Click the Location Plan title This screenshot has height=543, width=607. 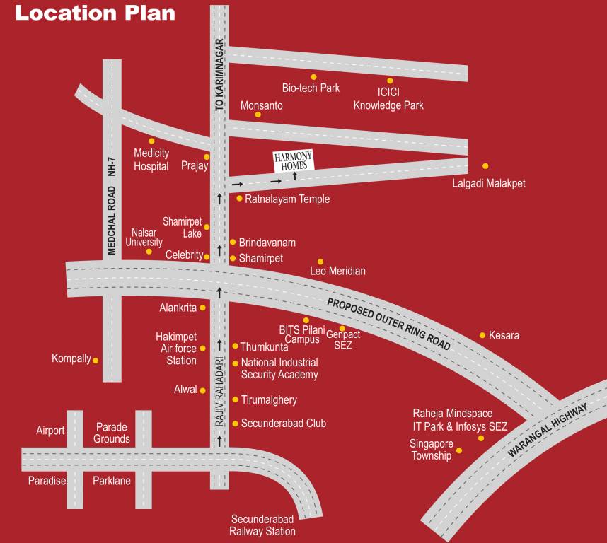point(96,13)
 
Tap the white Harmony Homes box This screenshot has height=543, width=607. point(294,160)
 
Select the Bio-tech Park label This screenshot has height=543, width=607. point(311,88)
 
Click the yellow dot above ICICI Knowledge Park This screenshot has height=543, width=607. point(389,81)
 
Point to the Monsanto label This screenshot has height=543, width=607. point(262,105)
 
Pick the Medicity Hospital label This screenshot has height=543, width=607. point(151,160)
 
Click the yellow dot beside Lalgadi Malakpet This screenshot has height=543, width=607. point(485,166)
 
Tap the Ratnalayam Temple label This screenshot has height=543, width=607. point(287,199)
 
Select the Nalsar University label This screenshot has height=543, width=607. point(144,237)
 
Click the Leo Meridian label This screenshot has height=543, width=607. point(338,271)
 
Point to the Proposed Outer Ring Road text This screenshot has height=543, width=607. point(388,323)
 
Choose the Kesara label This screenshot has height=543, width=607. point(504,335)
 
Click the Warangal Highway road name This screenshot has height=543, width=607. point(548,433)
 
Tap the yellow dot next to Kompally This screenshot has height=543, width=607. point(96,360)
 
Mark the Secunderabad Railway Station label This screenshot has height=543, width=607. point(263,525)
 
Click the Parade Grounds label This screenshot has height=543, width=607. point(112,433)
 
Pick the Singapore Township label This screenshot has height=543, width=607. point(432,450)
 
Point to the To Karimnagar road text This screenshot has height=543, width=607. point(219,74)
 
